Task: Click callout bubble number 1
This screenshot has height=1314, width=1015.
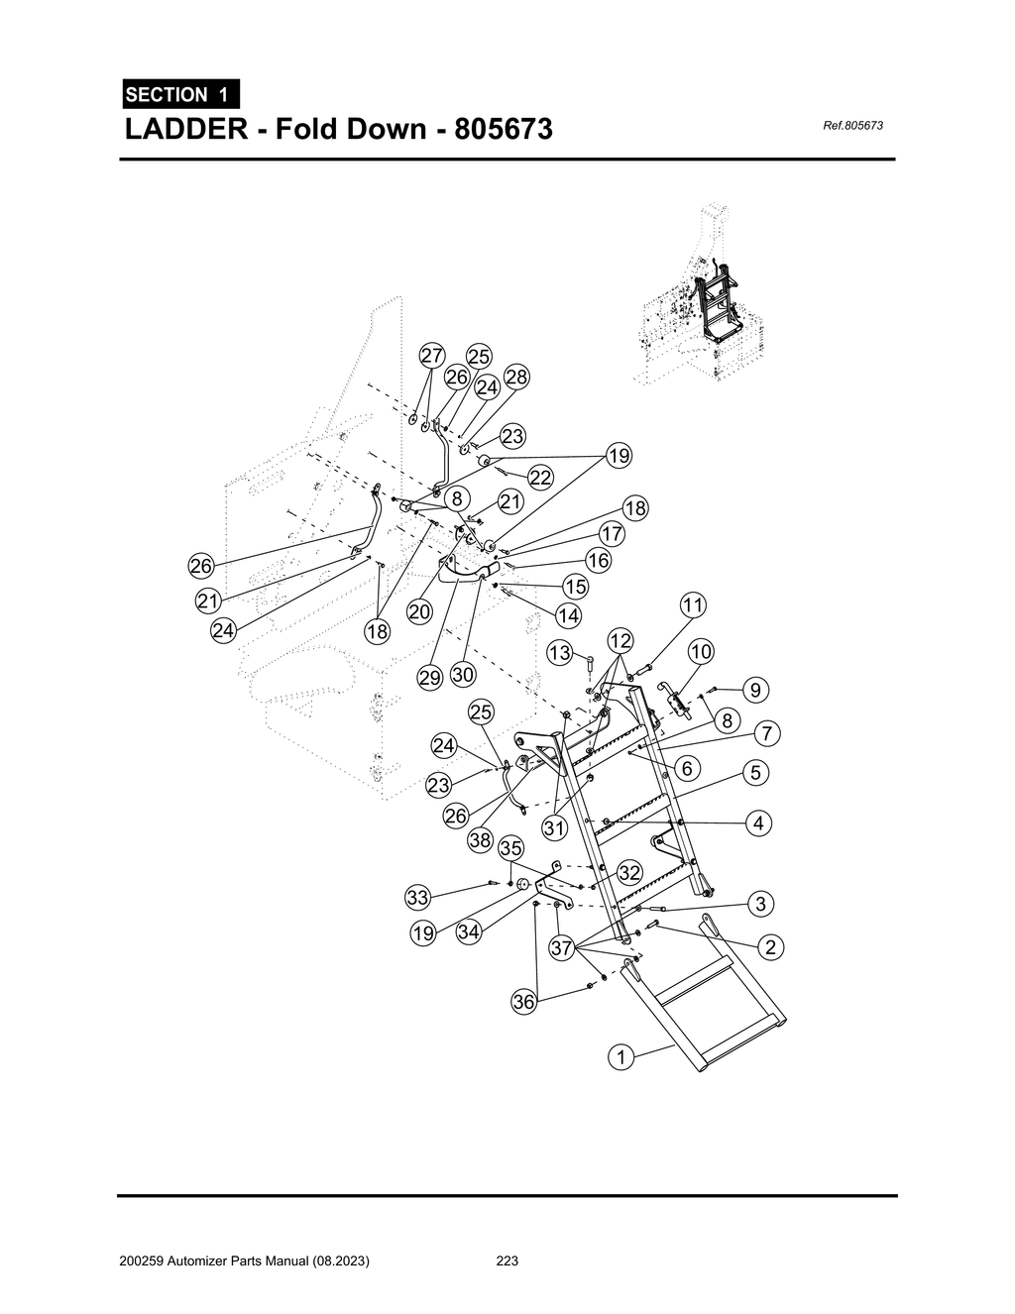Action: tap(621, 1057)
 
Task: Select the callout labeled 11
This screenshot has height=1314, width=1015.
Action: tap(693, 605)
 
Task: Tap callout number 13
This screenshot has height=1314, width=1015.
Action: tap(560, 653)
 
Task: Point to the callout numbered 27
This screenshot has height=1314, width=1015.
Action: tap(431, 357)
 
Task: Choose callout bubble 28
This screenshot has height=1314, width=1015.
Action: tap(516, 377)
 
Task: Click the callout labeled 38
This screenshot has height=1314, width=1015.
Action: tap(481, 840)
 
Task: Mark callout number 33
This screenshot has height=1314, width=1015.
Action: tap(418, 898)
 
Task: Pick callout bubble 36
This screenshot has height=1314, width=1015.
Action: tap(523, 1002)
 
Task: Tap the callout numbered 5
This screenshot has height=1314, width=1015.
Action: tap(756, 772)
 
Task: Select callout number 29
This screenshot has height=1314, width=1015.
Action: tap(429, 678)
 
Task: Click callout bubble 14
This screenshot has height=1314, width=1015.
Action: tap(569, 615)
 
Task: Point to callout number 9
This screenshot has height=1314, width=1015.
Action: tap(755, 689)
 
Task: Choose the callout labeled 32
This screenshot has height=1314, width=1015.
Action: tap(629, 872)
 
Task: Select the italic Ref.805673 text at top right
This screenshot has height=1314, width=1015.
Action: tap(852, 126)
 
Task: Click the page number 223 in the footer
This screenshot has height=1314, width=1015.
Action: tap(507, 1261)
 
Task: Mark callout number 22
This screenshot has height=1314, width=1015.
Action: tap(540, 478)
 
